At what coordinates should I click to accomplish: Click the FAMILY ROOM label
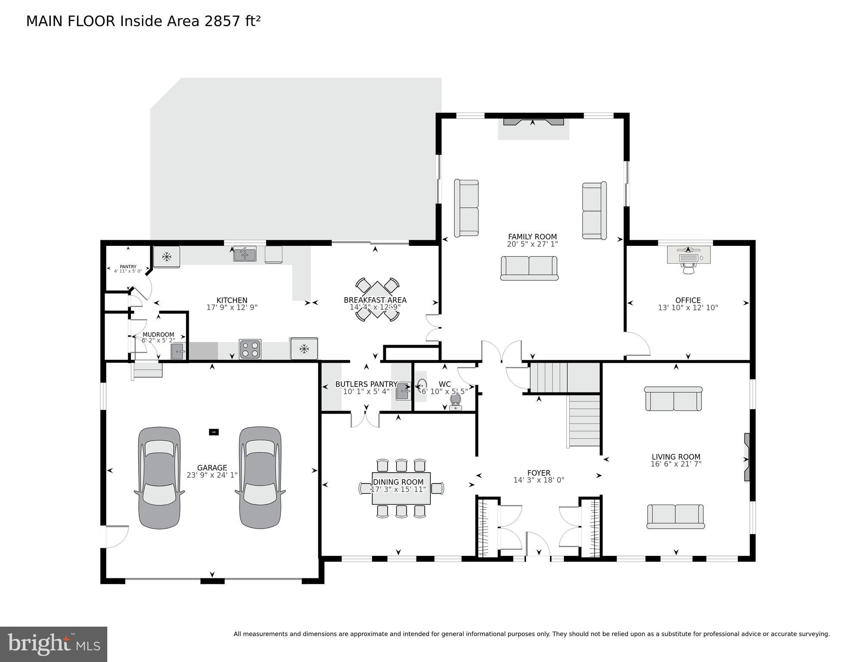(x=532, y=237)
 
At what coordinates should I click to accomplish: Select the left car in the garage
(x=159, y=478)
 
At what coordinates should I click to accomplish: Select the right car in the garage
(x=260, y=478)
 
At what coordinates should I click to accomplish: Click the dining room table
(x=401, y=488)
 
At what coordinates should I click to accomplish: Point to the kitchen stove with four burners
(x=250, y=349)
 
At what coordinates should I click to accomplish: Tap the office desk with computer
(x=688, y=255)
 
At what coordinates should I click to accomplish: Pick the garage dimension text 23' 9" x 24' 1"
(x=212, y=475)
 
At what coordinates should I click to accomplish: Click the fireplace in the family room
(x=533, y=122)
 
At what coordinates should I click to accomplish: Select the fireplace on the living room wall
(x=747, y=457)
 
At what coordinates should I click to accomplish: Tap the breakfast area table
(x=377, y=299)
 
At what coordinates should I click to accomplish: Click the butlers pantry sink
(x=402, y=391)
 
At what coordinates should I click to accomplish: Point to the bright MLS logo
(x=53, y=644)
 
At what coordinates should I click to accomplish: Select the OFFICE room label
(x=688, y=300)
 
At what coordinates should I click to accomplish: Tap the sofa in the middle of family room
(x=529, y=268)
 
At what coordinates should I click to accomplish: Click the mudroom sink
(x=177, y=352)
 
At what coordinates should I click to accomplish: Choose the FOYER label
(x=539, y=473)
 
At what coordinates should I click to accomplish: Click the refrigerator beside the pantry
(x=167, y=257)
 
